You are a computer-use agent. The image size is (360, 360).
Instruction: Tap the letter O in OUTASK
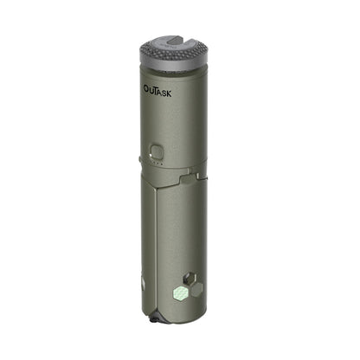coord(146,88)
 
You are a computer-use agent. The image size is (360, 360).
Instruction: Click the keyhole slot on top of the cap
coord(177,41)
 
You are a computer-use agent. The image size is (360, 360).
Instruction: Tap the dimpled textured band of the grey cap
coord(177,59)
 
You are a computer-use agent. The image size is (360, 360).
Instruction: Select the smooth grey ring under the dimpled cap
coord(177,73)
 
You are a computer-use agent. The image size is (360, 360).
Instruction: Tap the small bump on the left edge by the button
coord(140,158)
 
